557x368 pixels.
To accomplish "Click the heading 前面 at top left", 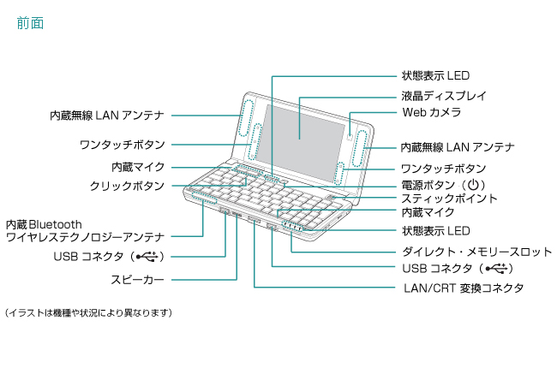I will pos(30,25).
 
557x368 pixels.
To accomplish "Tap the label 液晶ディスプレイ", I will pos(444,94).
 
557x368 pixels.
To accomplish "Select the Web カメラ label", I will pos(432,112).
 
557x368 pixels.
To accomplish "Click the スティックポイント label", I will pos(449,198).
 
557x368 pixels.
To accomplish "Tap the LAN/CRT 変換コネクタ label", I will pos(463,288).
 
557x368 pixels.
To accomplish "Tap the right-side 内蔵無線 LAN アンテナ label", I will pos(458,147).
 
